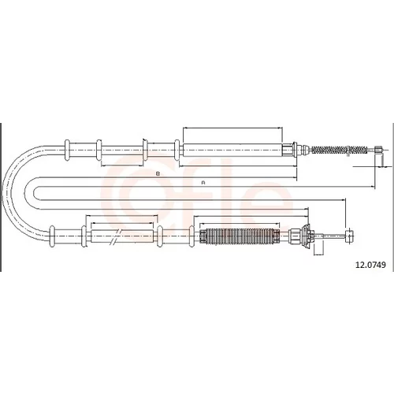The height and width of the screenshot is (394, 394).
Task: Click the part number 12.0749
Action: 370,265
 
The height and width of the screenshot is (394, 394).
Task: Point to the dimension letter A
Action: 203,183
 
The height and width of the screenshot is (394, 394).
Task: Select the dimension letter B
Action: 158,173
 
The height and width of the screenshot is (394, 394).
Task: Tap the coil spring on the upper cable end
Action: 339,150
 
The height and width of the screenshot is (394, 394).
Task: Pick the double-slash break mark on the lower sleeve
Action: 115,236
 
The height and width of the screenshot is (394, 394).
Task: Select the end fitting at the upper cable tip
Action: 378,150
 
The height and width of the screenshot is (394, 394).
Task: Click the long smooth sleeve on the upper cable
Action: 232,151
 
